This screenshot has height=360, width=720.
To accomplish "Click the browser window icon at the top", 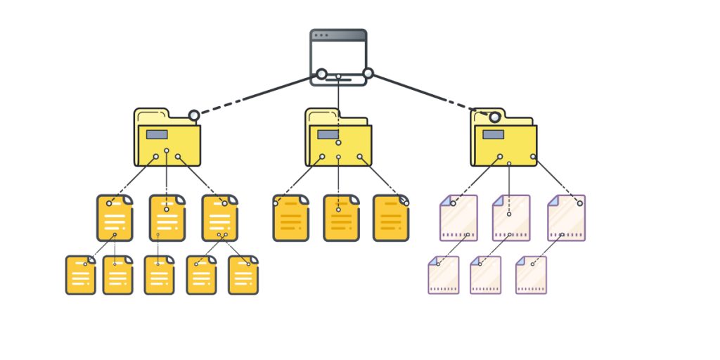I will click(338, 56).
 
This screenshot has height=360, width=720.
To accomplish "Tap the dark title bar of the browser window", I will click(338, 34).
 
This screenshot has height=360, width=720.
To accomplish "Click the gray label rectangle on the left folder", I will click(157, 134).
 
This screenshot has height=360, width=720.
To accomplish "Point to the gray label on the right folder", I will click(493, 134).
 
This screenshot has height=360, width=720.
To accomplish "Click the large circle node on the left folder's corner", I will click(194, 115).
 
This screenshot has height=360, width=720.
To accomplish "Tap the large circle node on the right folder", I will click(495, 117).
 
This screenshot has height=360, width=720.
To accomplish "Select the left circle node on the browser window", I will click(321, 74).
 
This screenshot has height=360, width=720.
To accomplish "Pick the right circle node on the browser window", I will click(368, 73).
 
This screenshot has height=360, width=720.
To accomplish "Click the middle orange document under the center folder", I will click(341, 219).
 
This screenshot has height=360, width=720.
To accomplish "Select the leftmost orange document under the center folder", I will click(290, 219).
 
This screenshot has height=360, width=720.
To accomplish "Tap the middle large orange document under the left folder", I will click(167, 219).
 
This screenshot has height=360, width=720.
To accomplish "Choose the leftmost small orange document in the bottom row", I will click(80, 275).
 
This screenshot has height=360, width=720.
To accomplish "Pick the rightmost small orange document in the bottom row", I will click(243, 275).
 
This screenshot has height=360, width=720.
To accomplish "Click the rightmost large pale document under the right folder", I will click(567, 219).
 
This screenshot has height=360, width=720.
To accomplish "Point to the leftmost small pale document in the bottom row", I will click(444, 275).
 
